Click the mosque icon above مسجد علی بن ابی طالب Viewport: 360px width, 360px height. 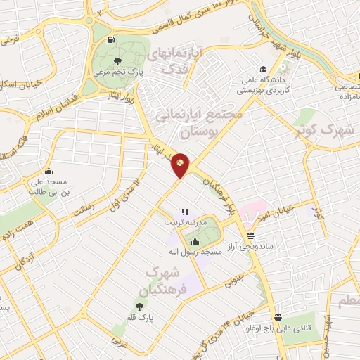(49, 171)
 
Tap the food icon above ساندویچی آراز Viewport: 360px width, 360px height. (251, 236)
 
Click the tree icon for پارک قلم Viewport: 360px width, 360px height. (139, 307)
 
